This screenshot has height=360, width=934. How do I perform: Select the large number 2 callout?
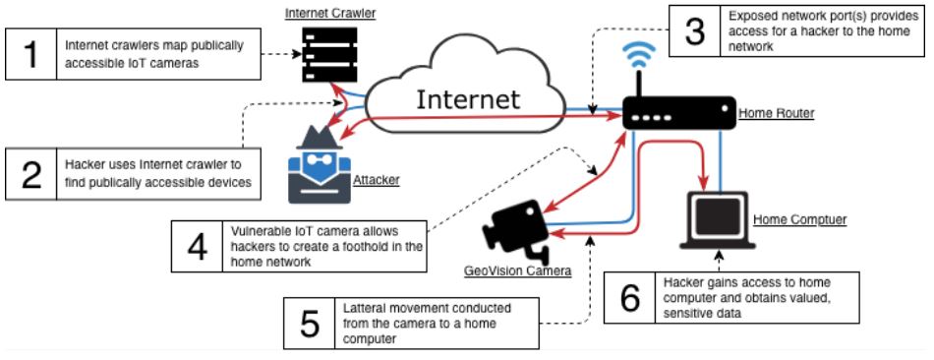[x=31, y=173]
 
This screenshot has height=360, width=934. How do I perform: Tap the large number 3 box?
[x=695, y=31]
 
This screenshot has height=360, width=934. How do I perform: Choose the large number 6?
[x=630, y=297]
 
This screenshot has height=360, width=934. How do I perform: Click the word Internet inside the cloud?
[x=468, y=99]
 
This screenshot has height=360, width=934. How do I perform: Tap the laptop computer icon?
[x=717, y=220]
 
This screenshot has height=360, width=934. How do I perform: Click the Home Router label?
[x=776, y=113]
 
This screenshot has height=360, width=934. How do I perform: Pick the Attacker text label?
[x=376, y=179]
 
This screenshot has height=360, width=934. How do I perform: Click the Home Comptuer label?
[x=799, y=220]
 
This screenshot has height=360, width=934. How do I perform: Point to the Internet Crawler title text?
[x=330, y=13]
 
